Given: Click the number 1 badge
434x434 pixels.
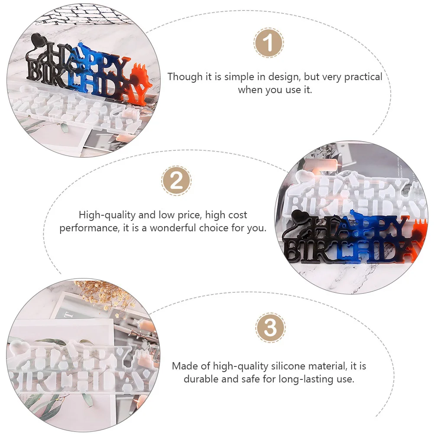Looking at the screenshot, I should click(x=269, y=43).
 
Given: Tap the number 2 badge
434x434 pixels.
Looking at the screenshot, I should click(x=176, y=181).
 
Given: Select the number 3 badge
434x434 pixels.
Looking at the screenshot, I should click(x=270, y=328).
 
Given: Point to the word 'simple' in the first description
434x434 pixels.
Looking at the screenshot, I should click(x=240, y=77).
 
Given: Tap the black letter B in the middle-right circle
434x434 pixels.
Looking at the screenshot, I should click(x=295, y=253).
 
